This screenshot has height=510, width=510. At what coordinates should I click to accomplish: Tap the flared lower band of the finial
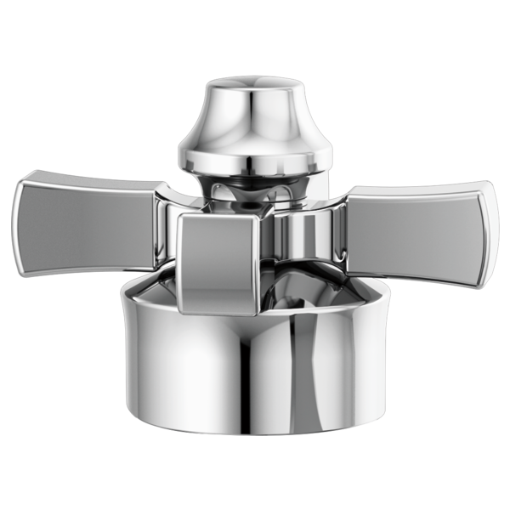254,156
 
